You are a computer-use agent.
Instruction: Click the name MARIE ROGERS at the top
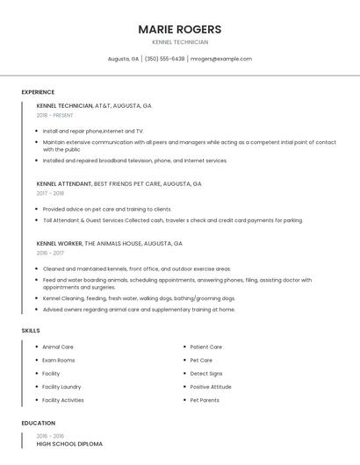(179, 29)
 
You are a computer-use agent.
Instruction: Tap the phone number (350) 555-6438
(164, 59)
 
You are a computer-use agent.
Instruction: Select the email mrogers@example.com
(221, 59)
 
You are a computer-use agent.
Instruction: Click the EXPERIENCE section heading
(38, 92)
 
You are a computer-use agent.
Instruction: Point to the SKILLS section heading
(31, 331)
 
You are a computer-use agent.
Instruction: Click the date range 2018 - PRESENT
(55, 115)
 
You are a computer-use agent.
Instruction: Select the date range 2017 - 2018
(50, 193)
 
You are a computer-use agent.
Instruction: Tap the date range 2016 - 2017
(50, 253)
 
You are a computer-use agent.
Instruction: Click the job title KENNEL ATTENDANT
(64, 184)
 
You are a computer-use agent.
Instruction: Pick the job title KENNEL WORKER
(60, 243)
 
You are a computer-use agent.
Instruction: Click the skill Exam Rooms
(59, 360)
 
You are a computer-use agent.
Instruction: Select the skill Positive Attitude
(211, 387)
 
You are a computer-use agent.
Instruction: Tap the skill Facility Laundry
(61, 387)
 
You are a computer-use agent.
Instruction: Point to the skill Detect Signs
(206, 374)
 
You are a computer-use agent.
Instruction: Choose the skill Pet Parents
(205, 400)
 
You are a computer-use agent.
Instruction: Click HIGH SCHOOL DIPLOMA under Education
(69, 444)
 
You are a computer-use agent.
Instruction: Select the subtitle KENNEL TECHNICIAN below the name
(179, 41)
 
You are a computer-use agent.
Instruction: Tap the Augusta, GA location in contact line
(123, 59)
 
